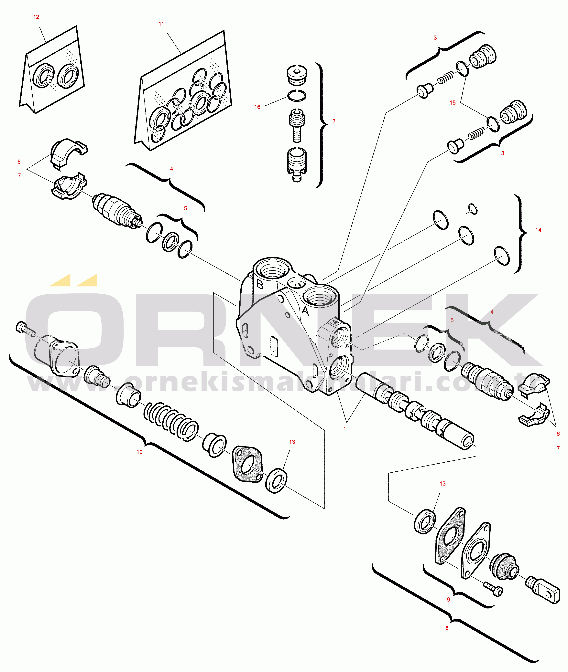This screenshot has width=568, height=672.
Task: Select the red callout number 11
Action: click(161, 24)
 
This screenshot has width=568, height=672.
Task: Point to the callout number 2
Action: click(333, 121)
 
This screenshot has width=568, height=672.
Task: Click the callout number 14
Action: click(538, 230)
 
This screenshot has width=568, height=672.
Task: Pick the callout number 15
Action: click(452, 103)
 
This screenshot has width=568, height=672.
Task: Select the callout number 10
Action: click(139, 452)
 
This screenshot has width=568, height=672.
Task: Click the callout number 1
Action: click(344, 429)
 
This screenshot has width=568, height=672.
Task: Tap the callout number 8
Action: click(447, 628)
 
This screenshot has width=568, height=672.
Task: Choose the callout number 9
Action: click(448, 600)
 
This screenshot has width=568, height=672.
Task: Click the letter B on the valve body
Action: click(259, 284)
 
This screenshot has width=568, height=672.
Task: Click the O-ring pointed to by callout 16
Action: click(297, 96)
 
